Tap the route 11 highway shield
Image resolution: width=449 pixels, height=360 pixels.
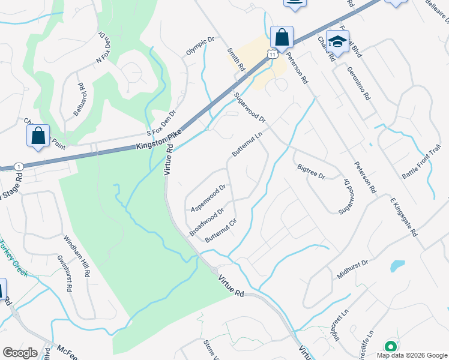pyautogui.click(x=273, y=54)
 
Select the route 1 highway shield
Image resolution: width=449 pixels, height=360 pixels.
pyautogui.click(x=20, y=166)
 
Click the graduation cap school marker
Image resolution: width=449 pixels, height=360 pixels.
pyautogui.click(x=337, y=41)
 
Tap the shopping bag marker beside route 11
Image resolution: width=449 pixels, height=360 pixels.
pyautogui.click(x=282, y=37)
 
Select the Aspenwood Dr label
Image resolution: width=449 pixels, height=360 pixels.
pyautogui.click(x=208, y=197)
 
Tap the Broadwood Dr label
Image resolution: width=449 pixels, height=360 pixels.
pyautogui.click(x=206, y=221)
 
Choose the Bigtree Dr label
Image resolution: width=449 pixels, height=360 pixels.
pyautogui.click(x=311, y=172)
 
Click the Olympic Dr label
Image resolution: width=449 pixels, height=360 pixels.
pyautogui.click(x=200, y=47)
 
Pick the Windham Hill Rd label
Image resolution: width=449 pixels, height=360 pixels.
pyautogui.click(x=77, y=255)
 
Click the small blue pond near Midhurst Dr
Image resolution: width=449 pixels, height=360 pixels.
pyautogui.click(x=397, y=265)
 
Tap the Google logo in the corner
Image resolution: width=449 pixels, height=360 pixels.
pyautogui.click(x=20, y=352)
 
